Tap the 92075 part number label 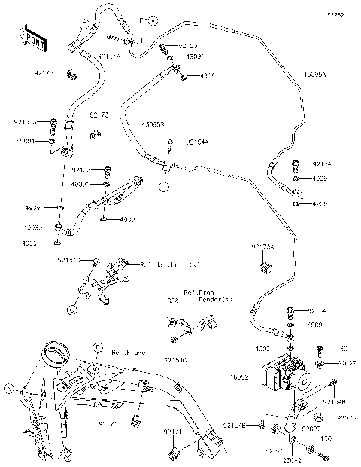[x=346, y=418]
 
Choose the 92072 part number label [x=273, y=451]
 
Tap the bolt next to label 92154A [x=171, y=143]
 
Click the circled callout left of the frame [x=10, y=389]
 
